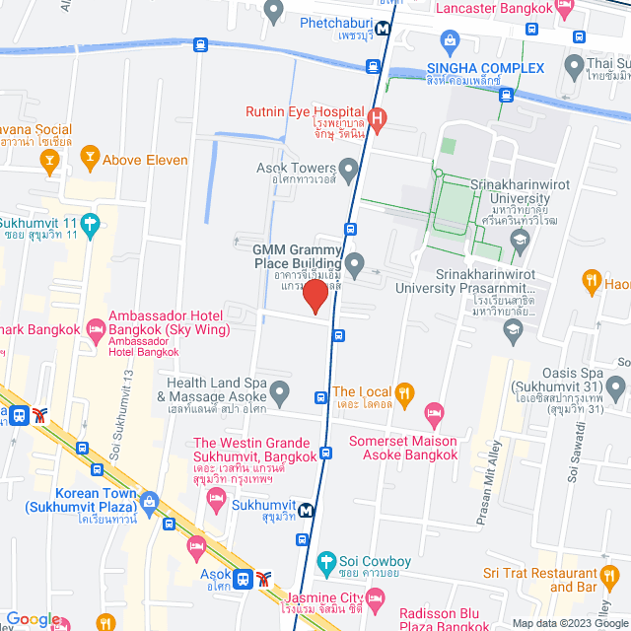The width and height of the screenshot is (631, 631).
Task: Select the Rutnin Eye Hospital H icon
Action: [x=375, y=119]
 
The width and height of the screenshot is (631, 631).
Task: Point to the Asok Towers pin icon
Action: [x=348, y=168]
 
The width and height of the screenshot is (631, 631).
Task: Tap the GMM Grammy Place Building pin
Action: [x=356, y=262]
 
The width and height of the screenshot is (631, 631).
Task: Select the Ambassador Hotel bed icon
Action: [x=96, y=326]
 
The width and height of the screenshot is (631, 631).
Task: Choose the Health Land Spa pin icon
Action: [x=280, y=391]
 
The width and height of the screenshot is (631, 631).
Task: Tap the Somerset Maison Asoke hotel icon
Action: [x=433, y=410]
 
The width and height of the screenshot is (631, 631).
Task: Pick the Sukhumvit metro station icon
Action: [x=309, y=511]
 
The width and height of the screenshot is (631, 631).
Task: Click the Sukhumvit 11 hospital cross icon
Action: [x=91, y=223]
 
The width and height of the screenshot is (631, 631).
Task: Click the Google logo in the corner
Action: [x=32, y=619]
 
